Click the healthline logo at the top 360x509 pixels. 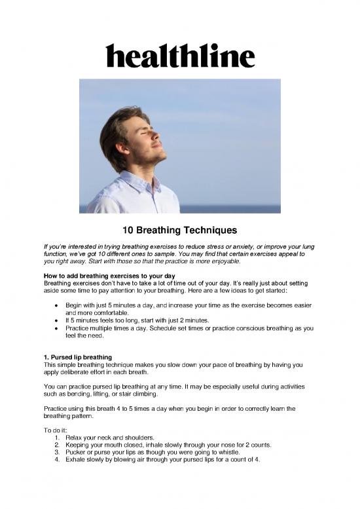tap(180, 55)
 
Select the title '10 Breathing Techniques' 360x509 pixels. tap(179, 231)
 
